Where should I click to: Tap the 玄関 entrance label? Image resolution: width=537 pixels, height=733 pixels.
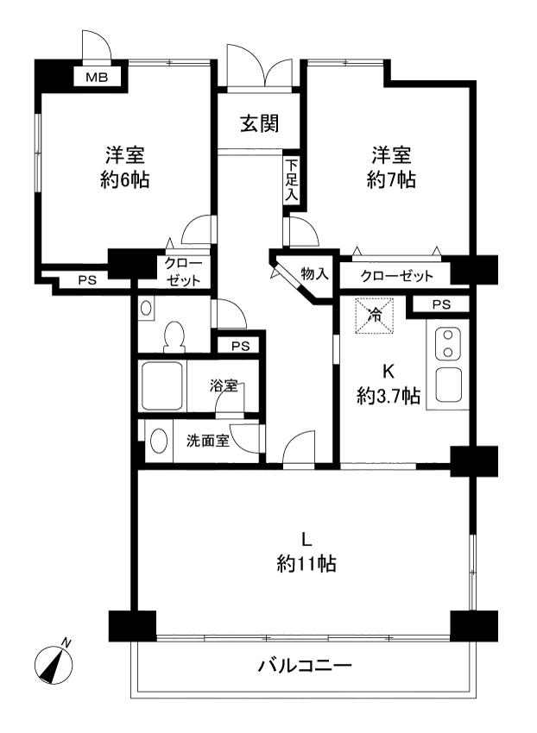pos(258,123)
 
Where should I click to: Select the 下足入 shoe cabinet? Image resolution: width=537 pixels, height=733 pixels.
pos(292,179)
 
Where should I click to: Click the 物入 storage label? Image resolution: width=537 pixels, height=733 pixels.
pos(314,274)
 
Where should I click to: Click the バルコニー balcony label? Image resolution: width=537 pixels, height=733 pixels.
pos(305,667)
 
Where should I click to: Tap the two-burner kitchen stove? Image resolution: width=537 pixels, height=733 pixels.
pos(450,344)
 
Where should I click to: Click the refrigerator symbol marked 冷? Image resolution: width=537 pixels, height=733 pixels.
pos(375,315)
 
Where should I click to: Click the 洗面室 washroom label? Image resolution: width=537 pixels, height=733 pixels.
pos(208,441)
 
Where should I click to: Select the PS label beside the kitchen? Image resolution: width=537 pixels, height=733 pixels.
pos(441,304)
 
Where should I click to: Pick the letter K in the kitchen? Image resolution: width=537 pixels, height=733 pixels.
pos(389,372)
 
